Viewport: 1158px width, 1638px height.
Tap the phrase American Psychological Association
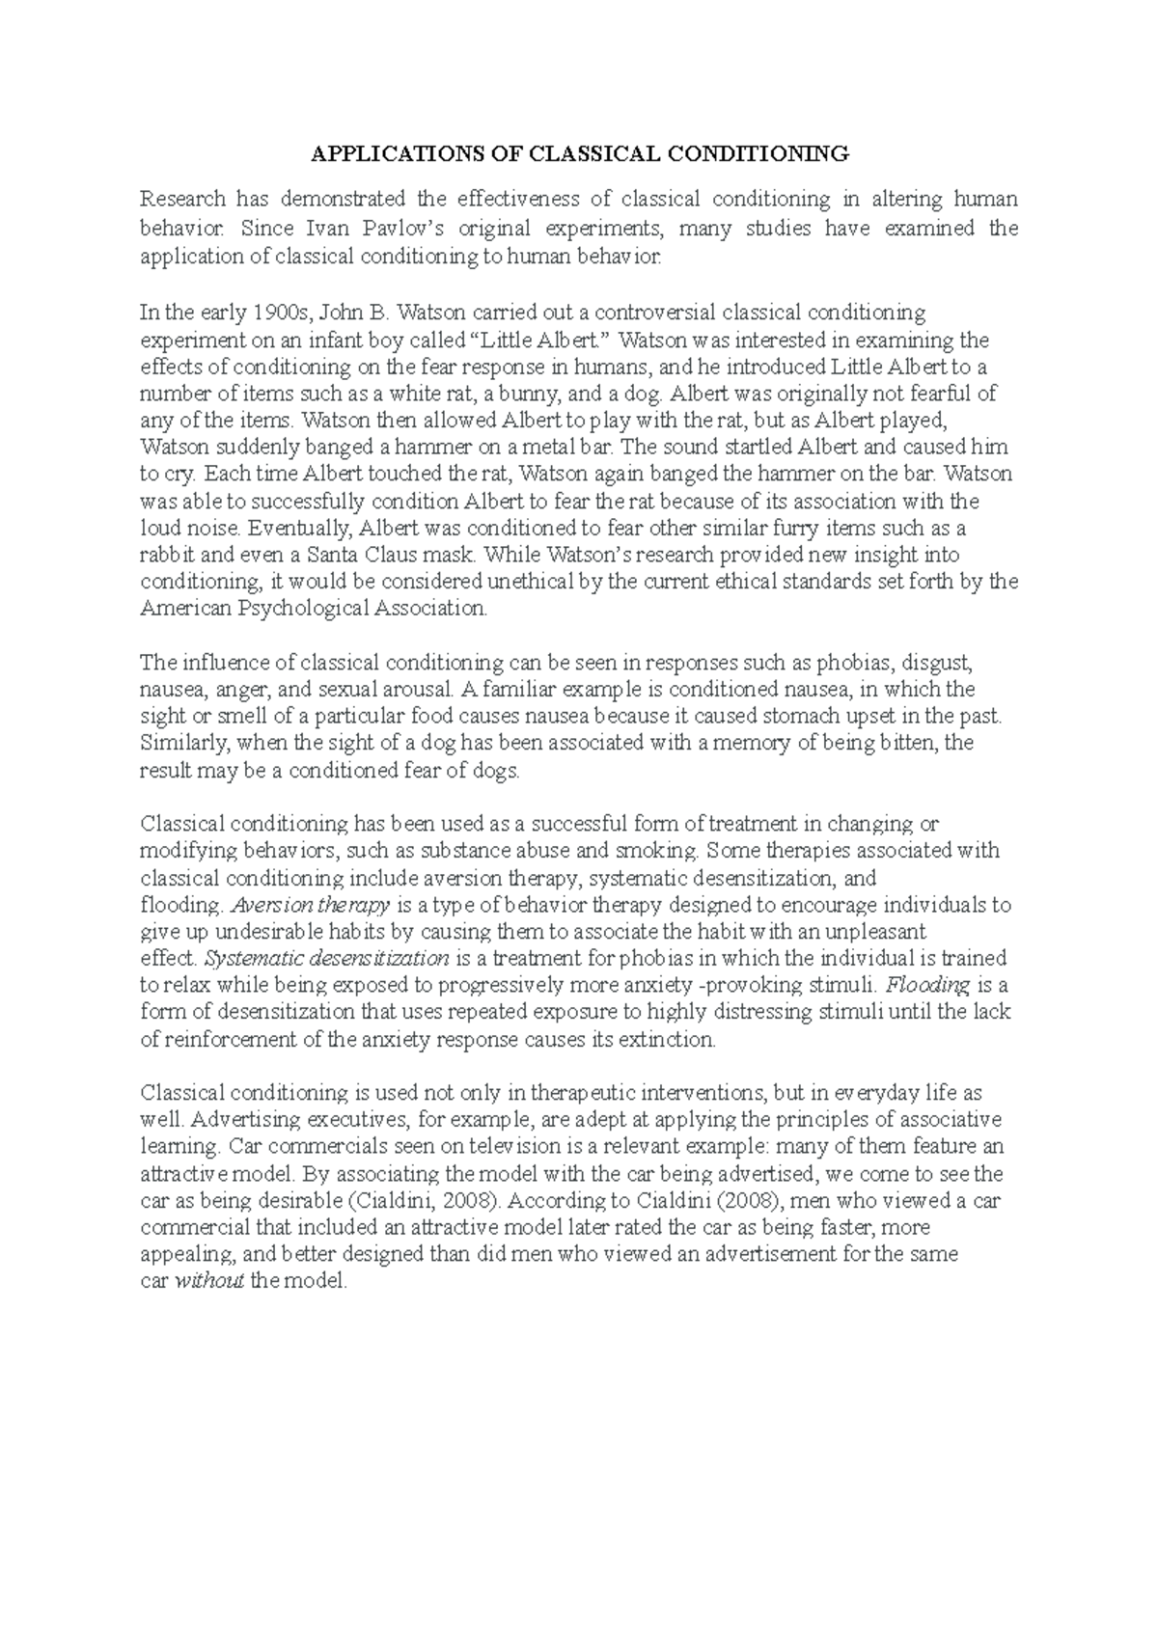(314, 609)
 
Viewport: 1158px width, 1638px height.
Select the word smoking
(657, 851)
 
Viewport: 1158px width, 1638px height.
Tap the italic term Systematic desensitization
(328, 959)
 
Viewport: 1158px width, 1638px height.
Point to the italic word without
(208, 1282)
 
